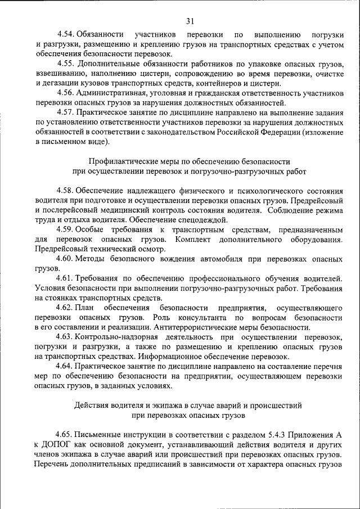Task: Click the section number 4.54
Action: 65,34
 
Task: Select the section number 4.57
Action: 65,112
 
